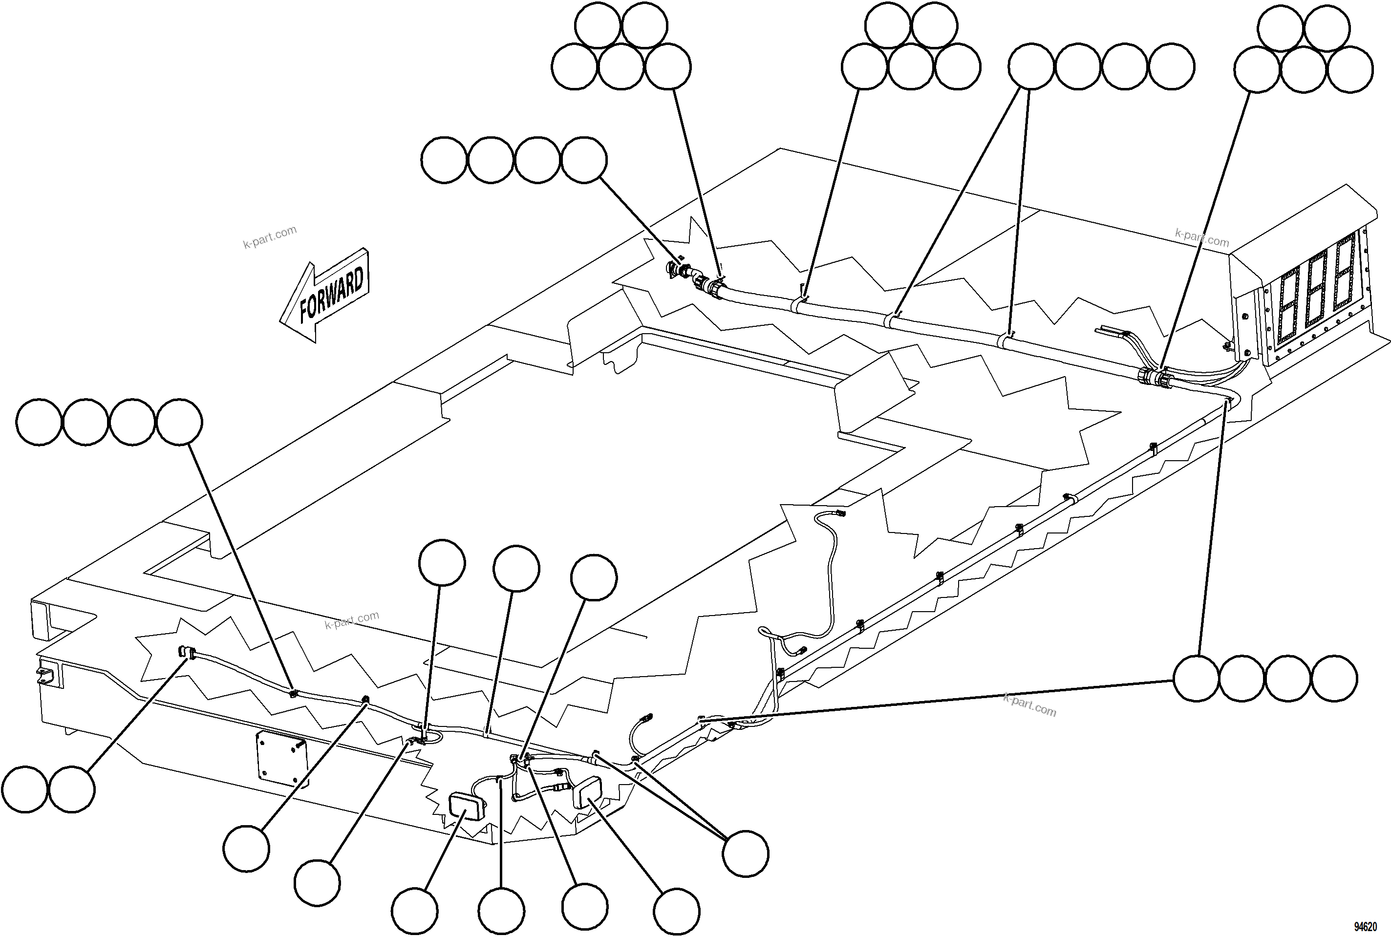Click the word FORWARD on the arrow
point(332,294)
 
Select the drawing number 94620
point(1365,927)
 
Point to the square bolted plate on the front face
point(281,758)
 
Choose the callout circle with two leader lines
point(745,854)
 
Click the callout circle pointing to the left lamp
point(415,911)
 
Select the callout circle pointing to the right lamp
point(676,911)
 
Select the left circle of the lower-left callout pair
point(24,789)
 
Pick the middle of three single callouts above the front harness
point(517,568)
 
